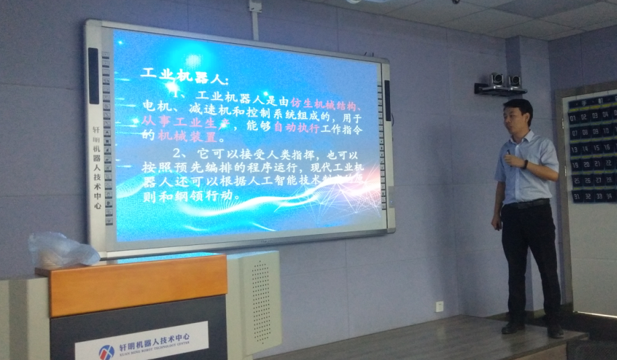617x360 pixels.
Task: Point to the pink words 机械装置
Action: pos(183,136)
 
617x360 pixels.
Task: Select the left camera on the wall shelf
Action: pos(497,80)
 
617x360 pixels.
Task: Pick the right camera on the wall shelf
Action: pos(515,81)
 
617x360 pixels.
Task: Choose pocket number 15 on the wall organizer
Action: pos(595,148)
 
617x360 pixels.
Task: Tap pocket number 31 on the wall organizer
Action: pos(577,196)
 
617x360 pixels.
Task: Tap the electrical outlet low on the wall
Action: pos(439,306)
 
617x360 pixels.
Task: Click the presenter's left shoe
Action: pos(513,327)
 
